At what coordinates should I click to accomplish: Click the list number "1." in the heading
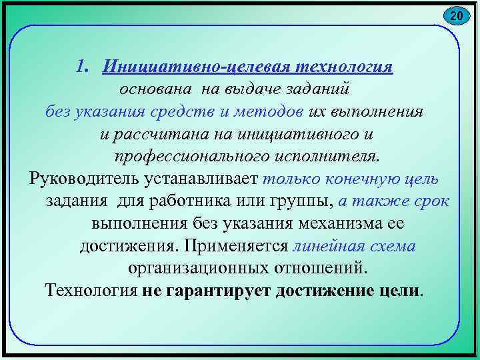[83, 67]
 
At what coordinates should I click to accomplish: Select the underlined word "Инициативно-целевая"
[171, 67]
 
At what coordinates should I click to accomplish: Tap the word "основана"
[147, 89]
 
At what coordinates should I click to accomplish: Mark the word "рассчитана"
[154, 133]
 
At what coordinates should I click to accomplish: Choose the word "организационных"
[197, 269]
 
